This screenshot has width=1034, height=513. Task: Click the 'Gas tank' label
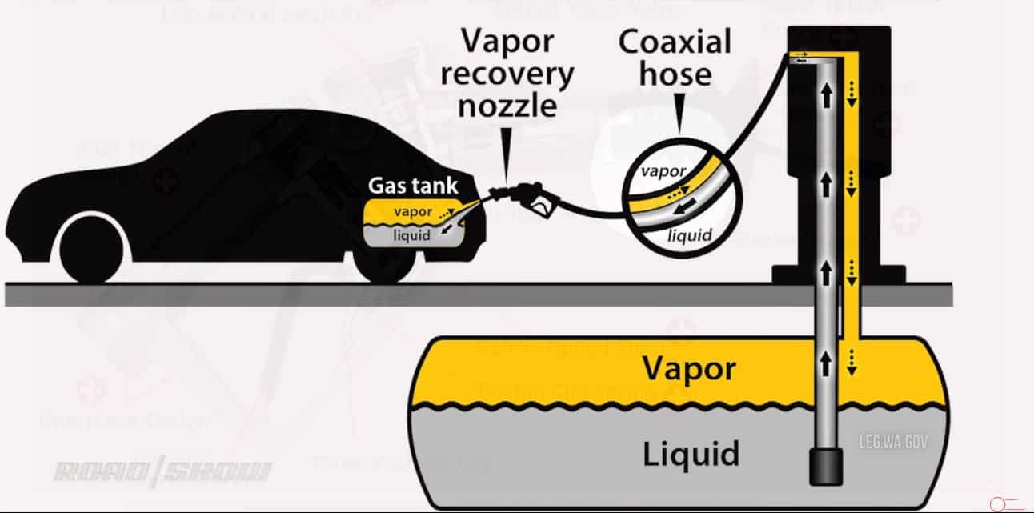point(413,186)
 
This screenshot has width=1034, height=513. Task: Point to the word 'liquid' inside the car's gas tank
point(412,234)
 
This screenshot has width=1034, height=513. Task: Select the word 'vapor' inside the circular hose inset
point(663,171)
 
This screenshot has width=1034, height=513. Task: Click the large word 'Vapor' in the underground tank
point(688,368)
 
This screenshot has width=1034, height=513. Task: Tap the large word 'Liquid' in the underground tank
point(691,454)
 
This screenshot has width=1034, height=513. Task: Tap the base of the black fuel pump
point(838,274)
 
